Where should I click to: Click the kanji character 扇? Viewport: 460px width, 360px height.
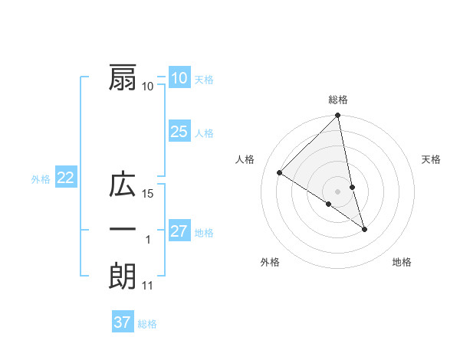[123, 78]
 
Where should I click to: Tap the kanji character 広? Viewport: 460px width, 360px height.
[123, 186]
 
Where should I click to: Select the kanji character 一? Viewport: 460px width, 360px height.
[123, 231]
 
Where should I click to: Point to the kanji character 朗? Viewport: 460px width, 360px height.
[123, 276]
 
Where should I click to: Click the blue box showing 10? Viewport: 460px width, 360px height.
[179, 77]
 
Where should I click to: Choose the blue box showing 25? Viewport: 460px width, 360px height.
[179, 132]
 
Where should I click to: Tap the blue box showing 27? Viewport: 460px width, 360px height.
[179, 231]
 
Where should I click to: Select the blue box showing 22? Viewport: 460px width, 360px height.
[65, 178]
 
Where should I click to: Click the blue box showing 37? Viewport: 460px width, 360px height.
[123, 322]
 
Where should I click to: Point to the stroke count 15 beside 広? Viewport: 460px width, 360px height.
[149, 195]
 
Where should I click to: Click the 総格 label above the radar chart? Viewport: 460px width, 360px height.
[338, 100]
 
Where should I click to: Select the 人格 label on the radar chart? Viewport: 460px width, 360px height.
[245, 159]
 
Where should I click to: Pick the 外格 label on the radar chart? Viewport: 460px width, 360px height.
[270, 262]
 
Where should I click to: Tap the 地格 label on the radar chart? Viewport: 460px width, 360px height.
[402, 262]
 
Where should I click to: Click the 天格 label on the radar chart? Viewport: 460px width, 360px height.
[431, 159]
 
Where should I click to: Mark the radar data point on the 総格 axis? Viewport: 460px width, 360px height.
[338, 116]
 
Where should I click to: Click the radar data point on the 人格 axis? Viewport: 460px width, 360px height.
[280, 173]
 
